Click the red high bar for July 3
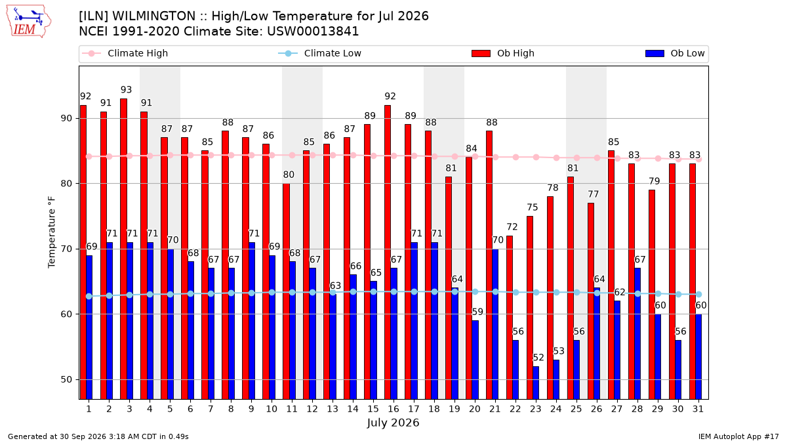click(x=123, y=249)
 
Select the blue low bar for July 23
click(x=536, y=383)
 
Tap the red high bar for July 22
click(x=510, y=318)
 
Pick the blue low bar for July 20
click(x=475, y=360)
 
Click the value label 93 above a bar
click(x=126, y=90)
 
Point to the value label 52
click(x=538, y=358)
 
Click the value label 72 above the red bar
click(x=512, y=227)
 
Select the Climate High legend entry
click(x=125, y=53)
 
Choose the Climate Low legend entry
click(x=320, y=53)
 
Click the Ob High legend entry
click(x=503, y=53)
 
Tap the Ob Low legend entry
click(x=675, y=53)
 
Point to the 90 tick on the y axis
click(x=66, y=119)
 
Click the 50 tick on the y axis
click(x=66, y=380)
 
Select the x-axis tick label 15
click(x=373, y=410)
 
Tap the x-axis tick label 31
click(x=698, y=410)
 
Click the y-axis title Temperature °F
click(x=52, y=233)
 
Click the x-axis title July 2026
click(x=393, y=423)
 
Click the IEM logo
click(x=29, y=22)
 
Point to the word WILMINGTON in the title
click(x=154, y=16)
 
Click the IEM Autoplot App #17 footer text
click(x=738, y=436)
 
